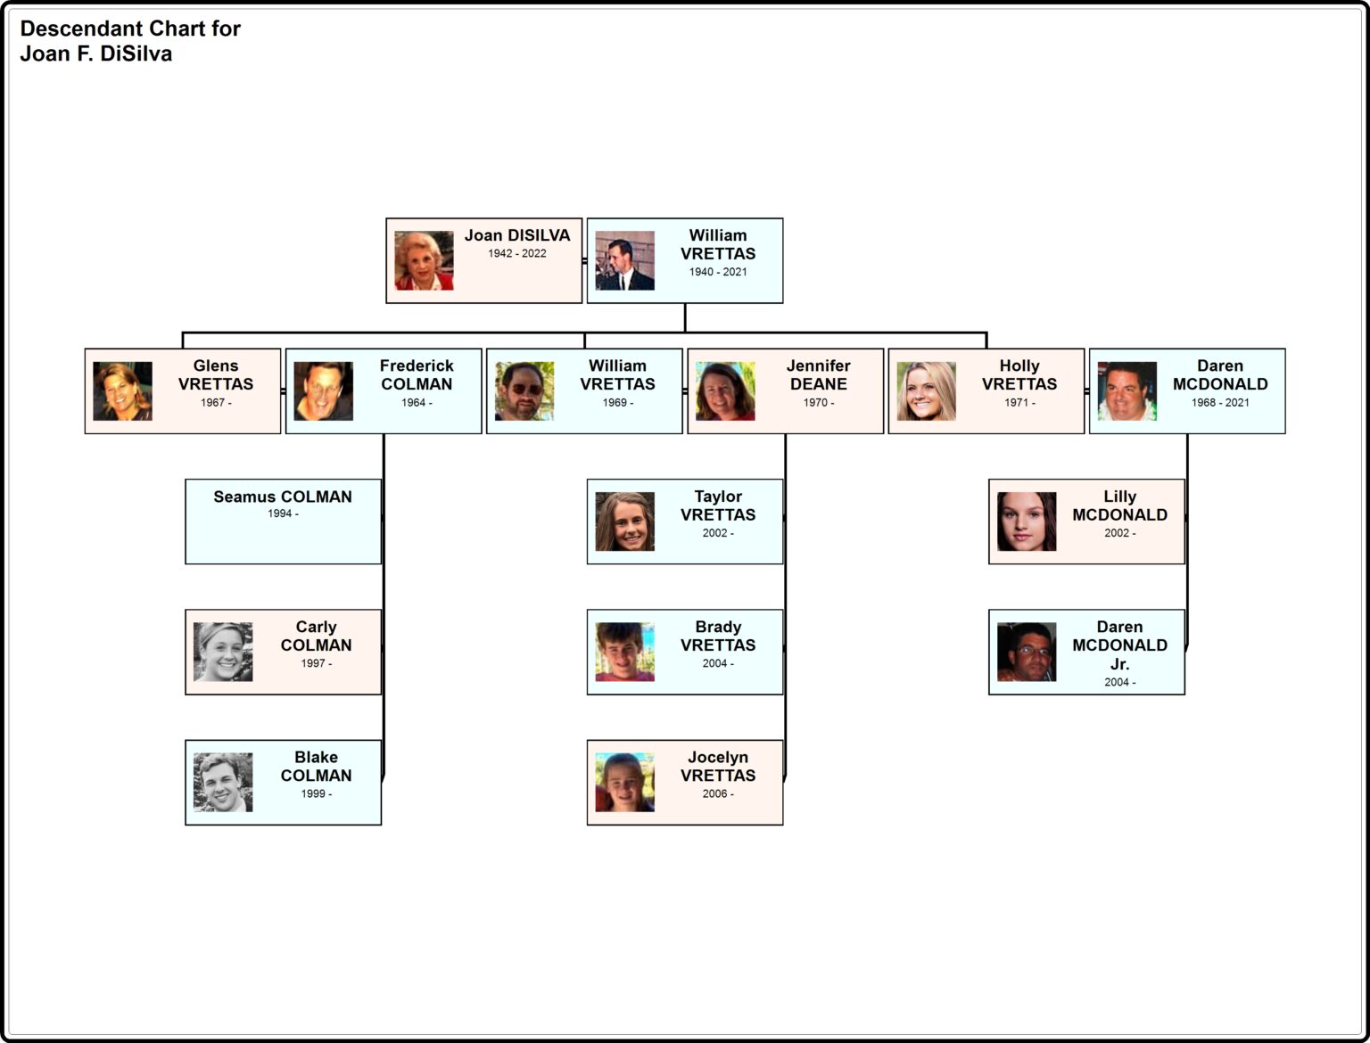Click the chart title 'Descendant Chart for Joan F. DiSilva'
point(130,41)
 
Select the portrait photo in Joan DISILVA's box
point(424,260)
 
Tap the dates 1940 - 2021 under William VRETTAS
point(718,272)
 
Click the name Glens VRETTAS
point(215,374)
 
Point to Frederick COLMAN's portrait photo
point(323,391)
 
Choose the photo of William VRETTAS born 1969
point(524,391)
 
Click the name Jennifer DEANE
point(818,374)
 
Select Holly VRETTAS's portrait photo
point(926,391)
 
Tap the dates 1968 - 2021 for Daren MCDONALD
point(1220,402)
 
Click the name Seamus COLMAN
point(283,497)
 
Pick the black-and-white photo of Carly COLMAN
point(223,652)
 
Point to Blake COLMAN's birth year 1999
point(317,793)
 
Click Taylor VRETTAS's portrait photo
point(624,521)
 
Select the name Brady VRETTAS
point(718,636)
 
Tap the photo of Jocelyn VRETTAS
point(624,783)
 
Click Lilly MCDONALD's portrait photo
point(1027,521)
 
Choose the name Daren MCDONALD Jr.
point(1119,645)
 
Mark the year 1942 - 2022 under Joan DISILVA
point(516,253)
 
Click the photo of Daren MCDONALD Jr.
point(1027,652)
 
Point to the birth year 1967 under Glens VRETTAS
point(216,402)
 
